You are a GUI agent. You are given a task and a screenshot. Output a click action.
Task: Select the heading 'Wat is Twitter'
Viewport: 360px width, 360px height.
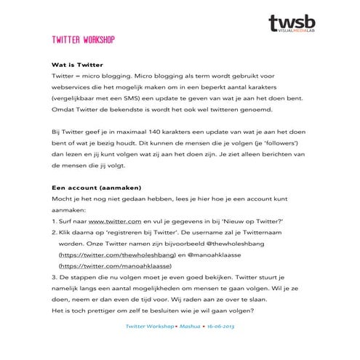pos(77,63)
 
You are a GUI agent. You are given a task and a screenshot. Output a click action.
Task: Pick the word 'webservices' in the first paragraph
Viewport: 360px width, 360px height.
pos(72,87)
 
